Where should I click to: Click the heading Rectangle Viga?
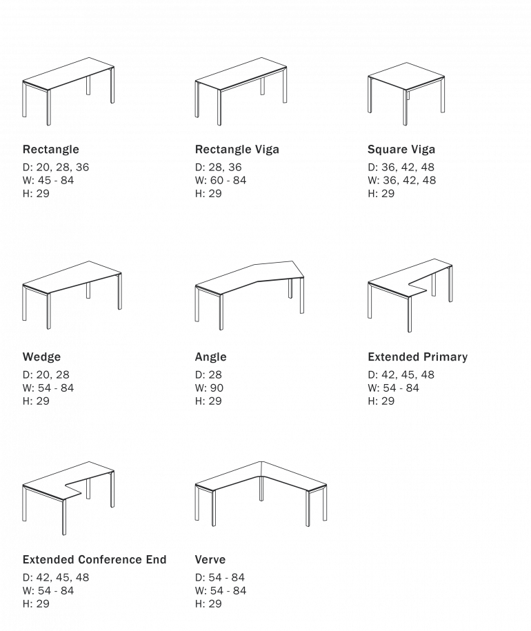237,149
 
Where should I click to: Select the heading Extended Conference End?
94,559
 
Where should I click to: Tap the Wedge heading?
42,357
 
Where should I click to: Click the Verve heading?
210,559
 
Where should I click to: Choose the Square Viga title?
401,149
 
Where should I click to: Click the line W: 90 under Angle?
209,388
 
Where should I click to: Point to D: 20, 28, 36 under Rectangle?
56,168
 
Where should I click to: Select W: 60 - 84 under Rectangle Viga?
221,180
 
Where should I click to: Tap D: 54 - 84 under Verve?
220,577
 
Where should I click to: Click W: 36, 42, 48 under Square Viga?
402,180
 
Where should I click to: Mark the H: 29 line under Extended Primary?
381,401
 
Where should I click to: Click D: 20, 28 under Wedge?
46,375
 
